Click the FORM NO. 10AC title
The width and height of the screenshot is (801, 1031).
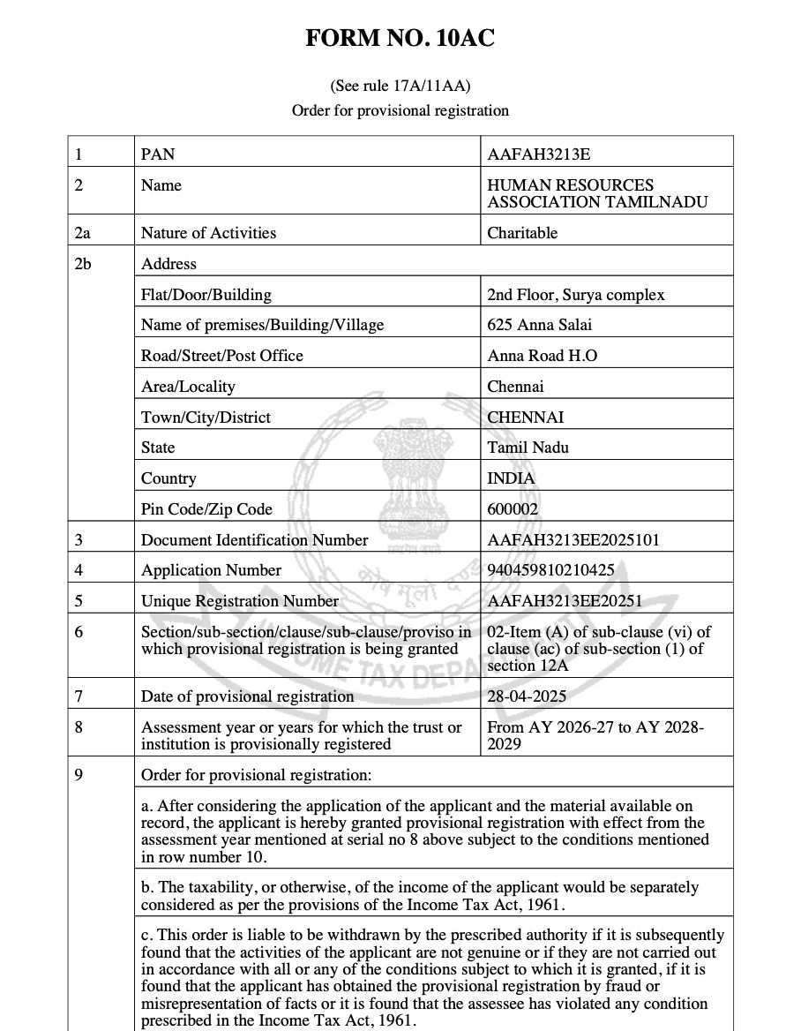tap(400, 39)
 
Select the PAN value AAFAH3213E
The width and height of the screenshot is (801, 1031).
tap(538, 154)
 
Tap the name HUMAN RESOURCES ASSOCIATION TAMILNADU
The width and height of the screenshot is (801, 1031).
tap(596, 193)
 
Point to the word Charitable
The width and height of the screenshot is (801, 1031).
tap(522, 233)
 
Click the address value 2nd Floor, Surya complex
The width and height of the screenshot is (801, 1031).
tap(575, 295)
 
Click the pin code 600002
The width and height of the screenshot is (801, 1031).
tap(513, 509)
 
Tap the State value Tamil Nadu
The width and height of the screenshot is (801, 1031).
tap(528, 448)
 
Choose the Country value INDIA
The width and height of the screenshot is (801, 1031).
tap(511, 478)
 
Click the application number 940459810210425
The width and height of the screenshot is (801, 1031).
tap(550, 570)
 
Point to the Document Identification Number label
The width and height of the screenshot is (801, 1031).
tap(255, 540)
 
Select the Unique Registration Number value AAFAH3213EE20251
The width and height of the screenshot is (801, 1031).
tap(565, 601)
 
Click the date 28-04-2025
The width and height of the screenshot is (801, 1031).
tap(527, 696)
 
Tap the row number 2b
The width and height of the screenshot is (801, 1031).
tap(84, 264)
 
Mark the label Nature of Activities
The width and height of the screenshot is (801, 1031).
tap(208, 233)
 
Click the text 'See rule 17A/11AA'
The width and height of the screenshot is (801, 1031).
tap(400, 86)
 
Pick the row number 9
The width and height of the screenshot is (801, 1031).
tap(79, 776)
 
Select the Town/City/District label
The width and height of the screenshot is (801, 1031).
tap(206, 418)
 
